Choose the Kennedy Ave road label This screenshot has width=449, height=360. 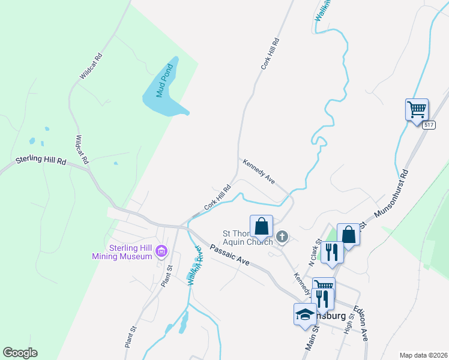point(259,171)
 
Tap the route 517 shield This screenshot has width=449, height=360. point(428,125)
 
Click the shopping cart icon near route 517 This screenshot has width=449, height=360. point(417,110)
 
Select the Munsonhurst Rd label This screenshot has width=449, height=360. point(391,193)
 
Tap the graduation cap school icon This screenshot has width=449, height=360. point(305,314)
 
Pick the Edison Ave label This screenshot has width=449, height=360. point(360,324)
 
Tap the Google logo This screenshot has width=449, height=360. point(20,353)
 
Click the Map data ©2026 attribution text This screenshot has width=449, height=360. point(423,355)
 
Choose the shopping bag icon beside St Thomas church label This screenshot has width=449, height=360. point(262,227)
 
